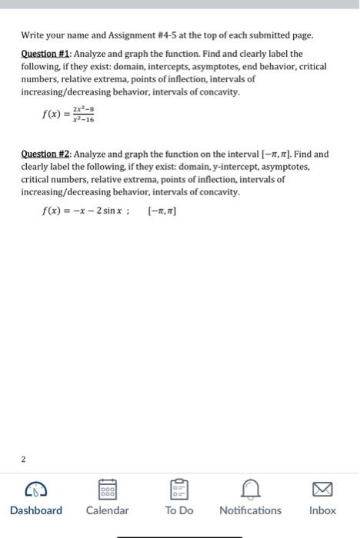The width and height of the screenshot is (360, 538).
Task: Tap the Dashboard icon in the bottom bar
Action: [36, 488]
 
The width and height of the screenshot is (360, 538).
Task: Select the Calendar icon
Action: [108, 488]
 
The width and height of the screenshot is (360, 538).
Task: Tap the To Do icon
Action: [179, 488]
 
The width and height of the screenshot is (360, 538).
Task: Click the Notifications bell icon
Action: [251, 488]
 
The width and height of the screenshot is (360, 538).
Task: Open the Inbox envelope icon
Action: [322, 488]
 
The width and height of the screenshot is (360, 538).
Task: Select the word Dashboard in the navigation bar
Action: [36, 510]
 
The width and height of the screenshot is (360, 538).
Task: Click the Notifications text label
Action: [251, 510]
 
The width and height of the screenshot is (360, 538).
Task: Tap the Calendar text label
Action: [108, 510]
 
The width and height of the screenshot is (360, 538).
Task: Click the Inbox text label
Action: [322, 510]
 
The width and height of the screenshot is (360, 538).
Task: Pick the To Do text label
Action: [179, 510]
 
